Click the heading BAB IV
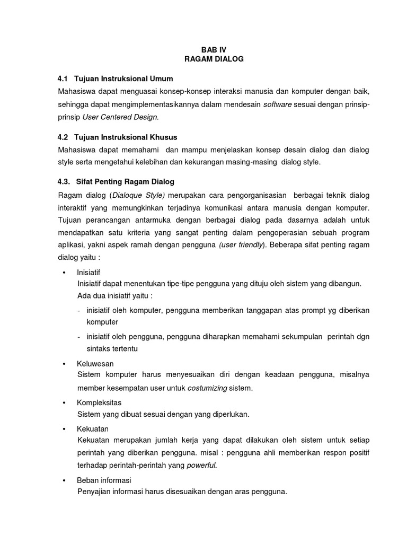[214, 49]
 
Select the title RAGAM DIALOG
[214, 59]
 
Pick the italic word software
[278, 105]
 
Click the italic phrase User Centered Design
[112, 116]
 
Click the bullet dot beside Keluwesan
[64, 364]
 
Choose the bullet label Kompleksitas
[99, 402]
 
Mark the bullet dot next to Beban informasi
[64, 480]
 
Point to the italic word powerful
[202, 465]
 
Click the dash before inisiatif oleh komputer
[79, 310]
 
